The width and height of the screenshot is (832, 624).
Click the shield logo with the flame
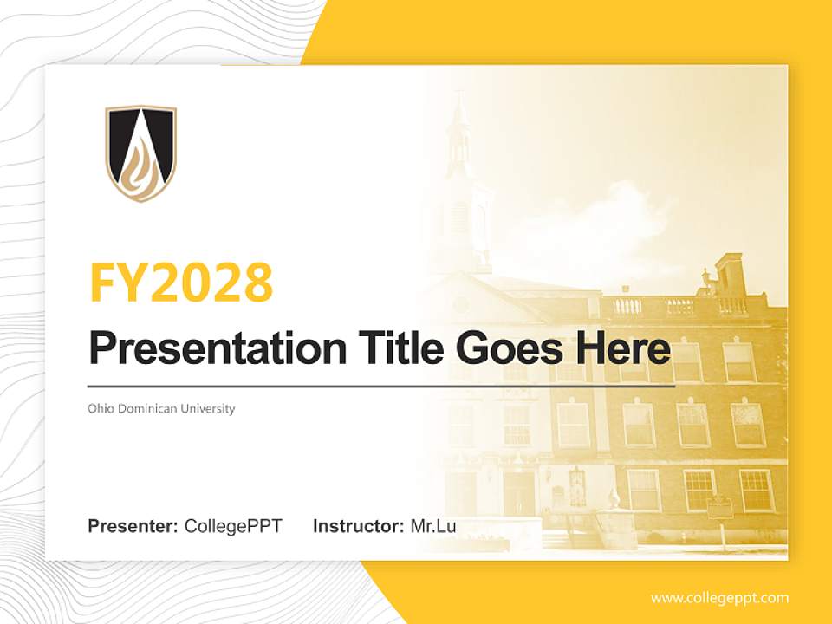click(x=140, y=153)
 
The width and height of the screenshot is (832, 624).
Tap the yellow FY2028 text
click(x=181, y=282)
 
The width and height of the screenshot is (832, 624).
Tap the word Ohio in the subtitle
click(x=99, y=408)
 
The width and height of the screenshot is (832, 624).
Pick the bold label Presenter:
click(x=133, y=526)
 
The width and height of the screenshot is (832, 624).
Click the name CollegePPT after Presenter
click(x=233, y=526)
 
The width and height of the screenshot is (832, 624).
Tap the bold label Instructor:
click(x=358, y=526)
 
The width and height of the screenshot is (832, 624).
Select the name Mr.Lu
click(x=433, y=526)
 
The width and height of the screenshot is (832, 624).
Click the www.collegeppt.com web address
click(x=719, y=598)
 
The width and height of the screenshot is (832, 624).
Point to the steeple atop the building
click(x=459, y=139)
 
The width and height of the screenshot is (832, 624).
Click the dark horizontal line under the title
click(x=381, y=386)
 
